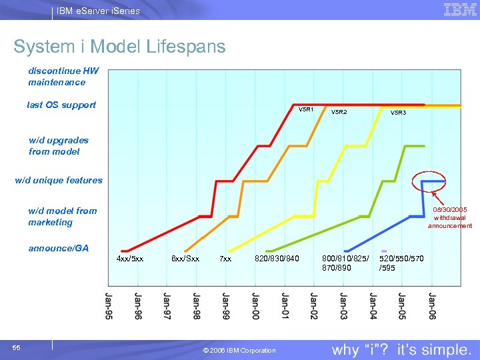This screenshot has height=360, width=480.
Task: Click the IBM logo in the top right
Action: pyautogui.click(x=459, y=9)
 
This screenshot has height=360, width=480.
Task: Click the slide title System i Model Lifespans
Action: pyautogui.click(x=119, y=47)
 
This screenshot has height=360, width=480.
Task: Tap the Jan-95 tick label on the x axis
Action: pyautogui.click(x=109, y=305)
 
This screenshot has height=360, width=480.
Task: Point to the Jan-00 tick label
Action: pyautogui.click(x=255, y=305)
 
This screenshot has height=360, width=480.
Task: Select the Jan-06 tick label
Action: pyautogui.click(x=431, y=305)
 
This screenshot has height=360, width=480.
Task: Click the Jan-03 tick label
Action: pyautogui.click(x=343, y=305)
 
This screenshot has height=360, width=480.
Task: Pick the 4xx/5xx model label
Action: pyautogui.click(x=129, y=259)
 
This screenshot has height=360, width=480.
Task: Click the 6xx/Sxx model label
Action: pyautogui.click(x=185, y=259)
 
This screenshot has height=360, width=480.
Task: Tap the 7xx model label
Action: pyautogui.click(x=225, y=259)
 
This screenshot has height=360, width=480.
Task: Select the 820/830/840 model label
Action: pyautogui.click(x=277, y=259)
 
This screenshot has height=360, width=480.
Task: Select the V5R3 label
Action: pyautogui.click(x=398, y=113)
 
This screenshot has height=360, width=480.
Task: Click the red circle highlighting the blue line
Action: pyautogui.click(x=429, y=181)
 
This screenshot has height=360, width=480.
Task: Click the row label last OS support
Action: pyautogui.click(x=61, y=105)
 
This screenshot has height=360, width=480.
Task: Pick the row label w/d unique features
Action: pyautogui.click(x=59, y=180)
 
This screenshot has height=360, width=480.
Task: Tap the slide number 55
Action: pyautogui.click(x=17, y=347)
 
